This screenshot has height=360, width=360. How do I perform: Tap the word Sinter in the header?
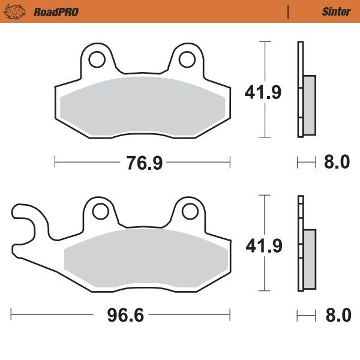[336, 11]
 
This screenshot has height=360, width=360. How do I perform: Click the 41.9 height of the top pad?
[262, 92]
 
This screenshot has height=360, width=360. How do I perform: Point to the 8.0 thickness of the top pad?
[337, 162]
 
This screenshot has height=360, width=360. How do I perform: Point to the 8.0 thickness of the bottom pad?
[337, 314]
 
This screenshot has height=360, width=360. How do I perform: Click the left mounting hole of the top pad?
[97, 58]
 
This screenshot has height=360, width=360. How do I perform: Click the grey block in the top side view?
[309, 106]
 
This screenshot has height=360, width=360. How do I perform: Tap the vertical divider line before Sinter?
[289, 11]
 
